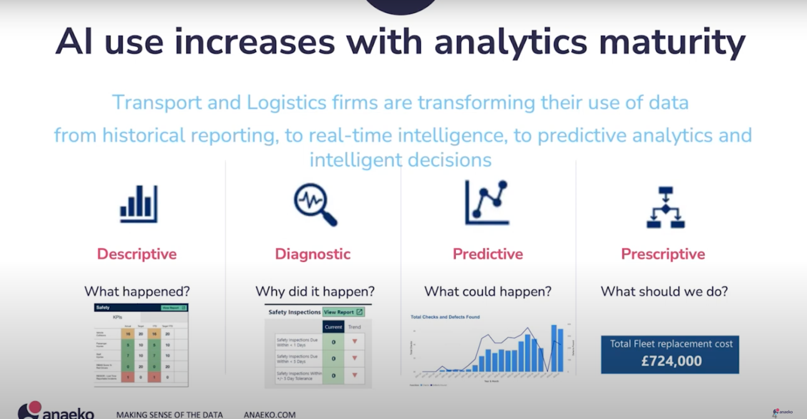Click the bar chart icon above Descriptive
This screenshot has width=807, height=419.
click(x=139, y=204)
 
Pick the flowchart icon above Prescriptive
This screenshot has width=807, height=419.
click(x=666, y=207)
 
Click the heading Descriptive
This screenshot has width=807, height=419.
click(x=137, y=254)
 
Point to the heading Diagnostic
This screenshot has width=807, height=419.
click(x=313, y=254)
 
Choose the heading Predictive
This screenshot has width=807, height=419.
click(x=488, y=254)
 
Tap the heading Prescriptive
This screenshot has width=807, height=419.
click(x=663, y=254)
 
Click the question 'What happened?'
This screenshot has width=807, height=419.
click(x=137, y=291)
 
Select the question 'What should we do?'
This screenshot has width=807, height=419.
click(x=664, y=291)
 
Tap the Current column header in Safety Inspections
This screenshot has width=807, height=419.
click(x=333, y=327)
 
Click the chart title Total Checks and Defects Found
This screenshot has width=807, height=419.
click(x=445, y=317)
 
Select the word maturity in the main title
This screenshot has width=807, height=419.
click(x=672, y=42)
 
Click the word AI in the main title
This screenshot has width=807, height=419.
click(x=74, y=42)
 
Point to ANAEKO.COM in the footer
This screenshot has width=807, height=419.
click(x=269, y=415)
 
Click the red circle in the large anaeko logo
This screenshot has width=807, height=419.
click(x=35, y=407)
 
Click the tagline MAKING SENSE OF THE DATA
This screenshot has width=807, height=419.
click(x=170, y=415)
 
